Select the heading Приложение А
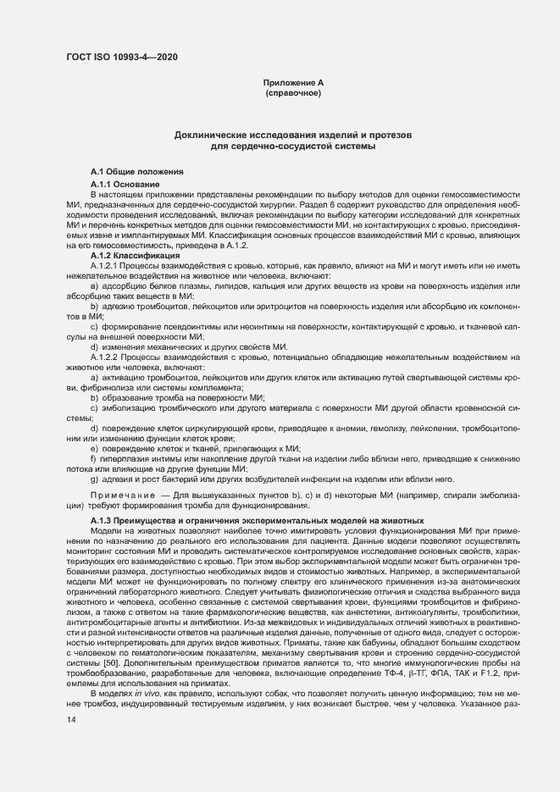pyautogui.click(x=293, y=82)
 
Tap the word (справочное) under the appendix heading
pyautogui.click(x=293, y=92)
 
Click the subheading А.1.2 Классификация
pyautogui.click(x=134, y=255)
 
